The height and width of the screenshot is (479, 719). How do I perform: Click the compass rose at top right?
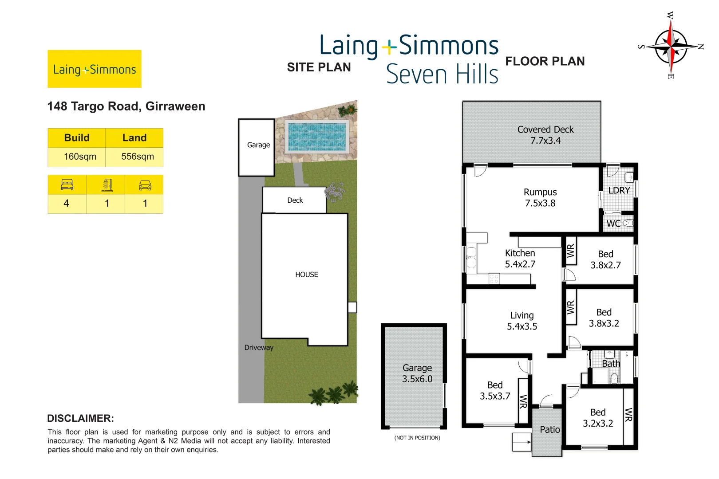(x=671, y=46)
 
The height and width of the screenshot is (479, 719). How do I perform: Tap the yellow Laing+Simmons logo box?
(x=95, y=69)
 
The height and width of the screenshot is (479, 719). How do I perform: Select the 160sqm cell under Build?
(x=80, y=157)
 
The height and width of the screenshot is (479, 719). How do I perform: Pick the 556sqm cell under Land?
(x=138, y=157)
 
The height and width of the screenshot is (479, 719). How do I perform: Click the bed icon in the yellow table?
(x=67, y=185)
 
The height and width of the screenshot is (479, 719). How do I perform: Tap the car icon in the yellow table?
(x=145, y=185)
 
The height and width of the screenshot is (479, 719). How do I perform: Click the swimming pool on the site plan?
(x=316, y=136)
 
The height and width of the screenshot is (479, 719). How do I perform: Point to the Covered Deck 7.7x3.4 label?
(x=545, y=135)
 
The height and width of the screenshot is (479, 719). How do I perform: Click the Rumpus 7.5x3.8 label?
(x=540, y=198)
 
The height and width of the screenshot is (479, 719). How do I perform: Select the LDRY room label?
(x=619, y=190)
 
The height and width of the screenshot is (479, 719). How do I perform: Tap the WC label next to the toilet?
(x=613, y=224)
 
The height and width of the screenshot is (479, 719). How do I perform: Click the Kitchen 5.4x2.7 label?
(x=520, y=259)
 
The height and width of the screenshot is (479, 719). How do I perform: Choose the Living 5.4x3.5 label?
(x=522, y=321)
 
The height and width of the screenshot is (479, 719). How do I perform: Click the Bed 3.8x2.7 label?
(x=605, y=259)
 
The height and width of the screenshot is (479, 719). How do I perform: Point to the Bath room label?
(x=611, y=364)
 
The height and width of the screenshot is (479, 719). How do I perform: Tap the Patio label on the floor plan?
(x=549, y=429)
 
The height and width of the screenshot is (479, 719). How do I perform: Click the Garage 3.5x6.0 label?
(x=417, y=373)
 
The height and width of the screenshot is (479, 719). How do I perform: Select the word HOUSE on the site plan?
(x=307, y=275)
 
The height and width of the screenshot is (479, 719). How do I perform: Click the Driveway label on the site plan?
(x=259, y=347)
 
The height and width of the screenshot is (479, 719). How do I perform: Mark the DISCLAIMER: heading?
(x=80, y=418)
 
